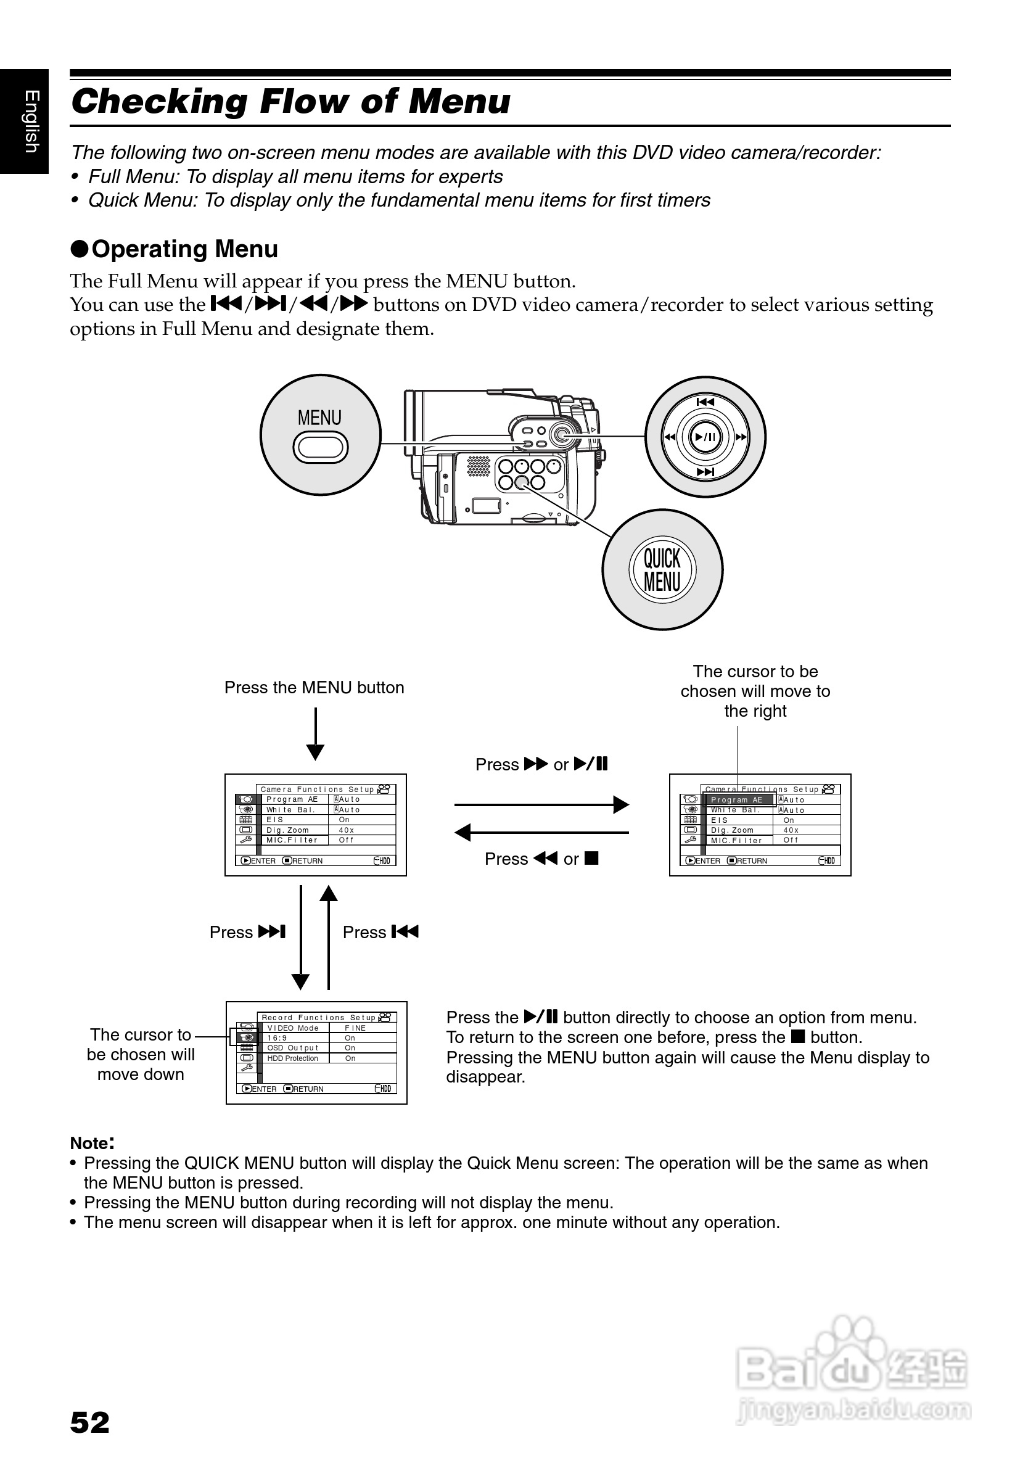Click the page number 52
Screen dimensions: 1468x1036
click(89, 1423)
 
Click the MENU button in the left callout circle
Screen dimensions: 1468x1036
click(320, 447)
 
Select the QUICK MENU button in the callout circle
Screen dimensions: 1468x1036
click(662, 570)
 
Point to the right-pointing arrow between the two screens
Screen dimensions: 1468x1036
click(541, 804)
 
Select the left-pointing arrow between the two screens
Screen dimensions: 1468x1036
click(541, 833)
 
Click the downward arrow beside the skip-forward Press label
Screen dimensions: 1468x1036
click(300, 938)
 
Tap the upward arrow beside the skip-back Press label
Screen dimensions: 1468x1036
click(329, 938)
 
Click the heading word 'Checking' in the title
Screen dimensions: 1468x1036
click(159, 102)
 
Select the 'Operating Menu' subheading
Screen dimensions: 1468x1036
click(184, 249)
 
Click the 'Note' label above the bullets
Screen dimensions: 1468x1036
click(91, 1143)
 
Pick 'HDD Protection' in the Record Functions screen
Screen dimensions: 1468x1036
click(293, 1058)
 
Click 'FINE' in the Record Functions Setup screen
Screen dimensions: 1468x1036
click(355, 1028)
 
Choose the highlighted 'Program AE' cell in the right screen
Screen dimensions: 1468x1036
click(737, 800)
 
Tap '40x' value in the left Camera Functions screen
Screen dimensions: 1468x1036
click(347, 830)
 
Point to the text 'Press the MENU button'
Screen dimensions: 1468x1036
click(314, 688)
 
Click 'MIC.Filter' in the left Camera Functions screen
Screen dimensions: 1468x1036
click(292, 840)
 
